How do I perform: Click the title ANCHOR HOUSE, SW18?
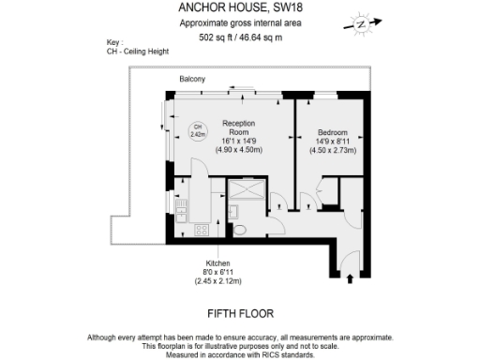coord(239,9)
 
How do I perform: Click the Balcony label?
coord(193,79)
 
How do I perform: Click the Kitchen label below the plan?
coord(217,263)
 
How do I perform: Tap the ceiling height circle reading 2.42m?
coord(198,132)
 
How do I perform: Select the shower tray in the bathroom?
coord(247,193)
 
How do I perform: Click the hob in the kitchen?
coord(200,231)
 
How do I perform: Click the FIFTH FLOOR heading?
coord(239,312)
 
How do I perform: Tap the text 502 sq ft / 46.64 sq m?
coord(239,38)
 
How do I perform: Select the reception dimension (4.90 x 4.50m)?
coord(238,149)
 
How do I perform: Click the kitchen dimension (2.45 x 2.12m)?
coord(217,281)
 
